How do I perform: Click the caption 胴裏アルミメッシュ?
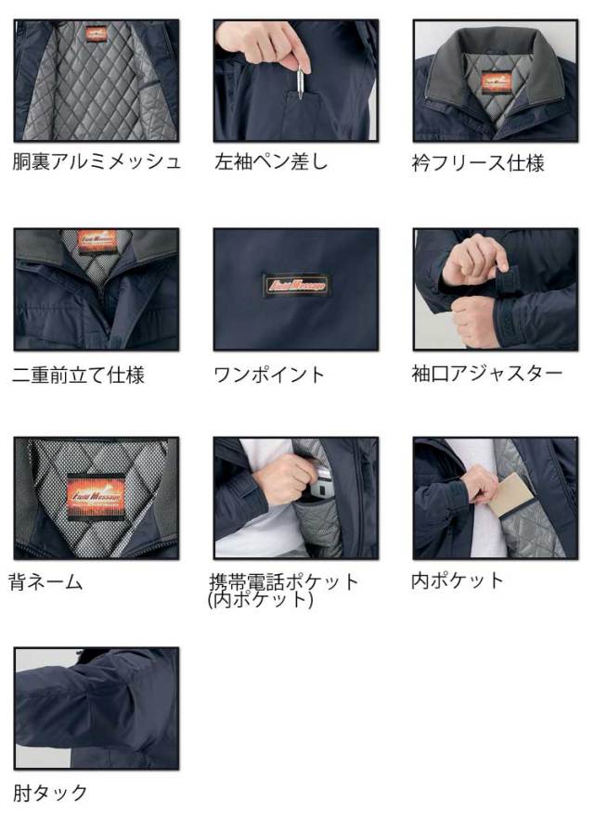[x=97, y=162]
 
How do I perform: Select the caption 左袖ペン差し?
[x=271, y=162]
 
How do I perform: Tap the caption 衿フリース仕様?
[x=478, y=163]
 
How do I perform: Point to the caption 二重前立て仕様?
[x=79, y=375]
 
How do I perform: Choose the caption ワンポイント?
[x=269, y=375]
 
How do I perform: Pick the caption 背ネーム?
[x=45, y=582]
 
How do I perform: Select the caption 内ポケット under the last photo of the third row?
[x=458, y=580]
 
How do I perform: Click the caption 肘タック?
[x=51, y=792]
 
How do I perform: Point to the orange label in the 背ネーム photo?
[x=96, y=491]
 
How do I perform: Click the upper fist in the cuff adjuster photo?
[x=473, y=260]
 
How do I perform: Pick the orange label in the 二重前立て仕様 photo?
[x=96, y=239]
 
